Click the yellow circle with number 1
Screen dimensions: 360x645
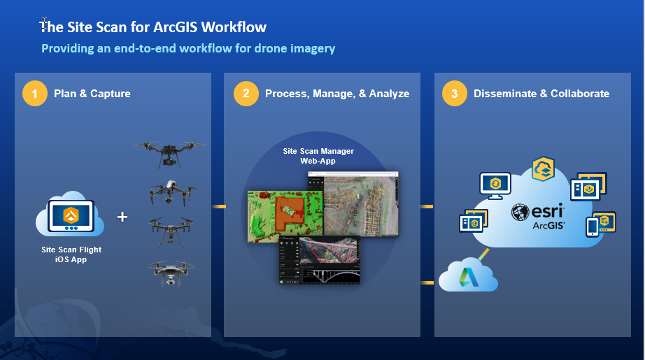coord(34,94)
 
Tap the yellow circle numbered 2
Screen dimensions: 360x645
coord(246,94)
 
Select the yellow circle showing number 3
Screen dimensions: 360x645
coord(455,94)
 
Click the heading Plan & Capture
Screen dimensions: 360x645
coord(92,94)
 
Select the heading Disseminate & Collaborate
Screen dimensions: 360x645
coord(541,94)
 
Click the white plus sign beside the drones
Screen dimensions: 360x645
coord(122,217)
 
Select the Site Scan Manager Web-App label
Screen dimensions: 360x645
coord(318,155)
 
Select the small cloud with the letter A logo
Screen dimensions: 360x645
coord(467,275)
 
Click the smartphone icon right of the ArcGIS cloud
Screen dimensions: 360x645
coord(592,226)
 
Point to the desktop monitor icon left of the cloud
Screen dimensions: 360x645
coord(495,185)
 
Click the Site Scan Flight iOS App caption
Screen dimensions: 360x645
coord(71,254)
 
